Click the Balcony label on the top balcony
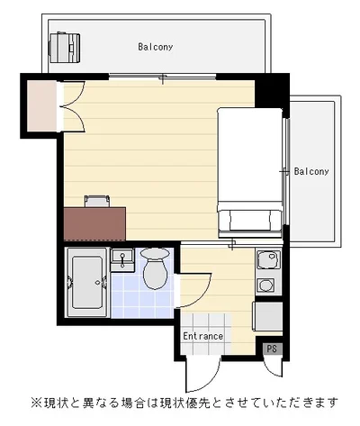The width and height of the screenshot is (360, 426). pos(156,47)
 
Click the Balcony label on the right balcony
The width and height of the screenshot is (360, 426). pos(311,171)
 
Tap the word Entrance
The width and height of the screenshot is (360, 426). pos(203,336)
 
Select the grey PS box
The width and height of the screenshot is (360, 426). pos(272,349)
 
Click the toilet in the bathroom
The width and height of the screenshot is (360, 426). pos(155,268)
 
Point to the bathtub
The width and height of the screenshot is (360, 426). pos(86,282)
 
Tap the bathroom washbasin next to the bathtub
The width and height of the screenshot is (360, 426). pos(122,259)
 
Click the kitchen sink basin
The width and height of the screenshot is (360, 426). pos(269,259)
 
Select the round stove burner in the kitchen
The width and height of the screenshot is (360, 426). pos(265,285)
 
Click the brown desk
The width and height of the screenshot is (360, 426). pos(94,223)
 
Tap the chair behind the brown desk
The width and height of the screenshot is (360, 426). pos(97,201)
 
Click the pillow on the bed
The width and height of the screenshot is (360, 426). pos(250,220)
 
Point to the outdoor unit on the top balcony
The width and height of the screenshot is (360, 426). pos(65,48)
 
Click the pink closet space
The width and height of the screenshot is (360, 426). pos(42,105)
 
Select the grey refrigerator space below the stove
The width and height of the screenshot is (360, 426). pos(268,316)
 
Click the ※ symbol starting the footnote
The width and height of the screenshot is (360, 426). pos(37,403)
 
